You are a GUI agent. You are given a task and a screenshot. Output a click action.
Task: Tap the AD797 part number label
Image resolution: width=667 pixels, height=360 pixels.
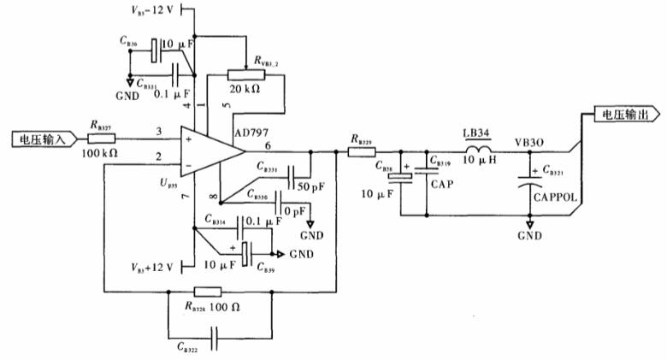point(251,133)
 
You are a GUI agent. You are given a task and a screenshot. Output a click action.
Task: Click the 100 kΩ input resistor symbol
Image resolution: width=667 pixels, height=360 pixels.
point(101,138)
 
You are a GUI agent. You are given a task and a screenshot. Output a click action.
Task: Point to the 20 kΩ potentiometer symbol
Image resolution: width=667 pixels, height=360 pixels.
point(245,75)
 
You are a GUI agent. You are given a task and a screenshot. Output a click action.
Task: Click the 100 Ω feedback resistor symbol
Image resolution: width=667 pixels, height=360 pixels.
point(205,291)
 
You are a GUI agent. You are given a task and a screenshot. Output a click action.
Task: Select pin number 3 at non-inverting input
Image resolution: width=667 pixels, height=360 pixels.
point(158,132)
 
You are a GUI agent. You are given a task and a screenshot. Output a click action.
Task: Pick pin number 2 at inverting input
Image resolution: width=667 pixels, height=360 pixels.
point(158,156)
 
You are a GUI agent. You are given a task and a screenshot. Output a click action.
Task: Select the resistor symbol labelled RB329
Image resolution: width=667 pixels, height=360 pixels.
point(359,152)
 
